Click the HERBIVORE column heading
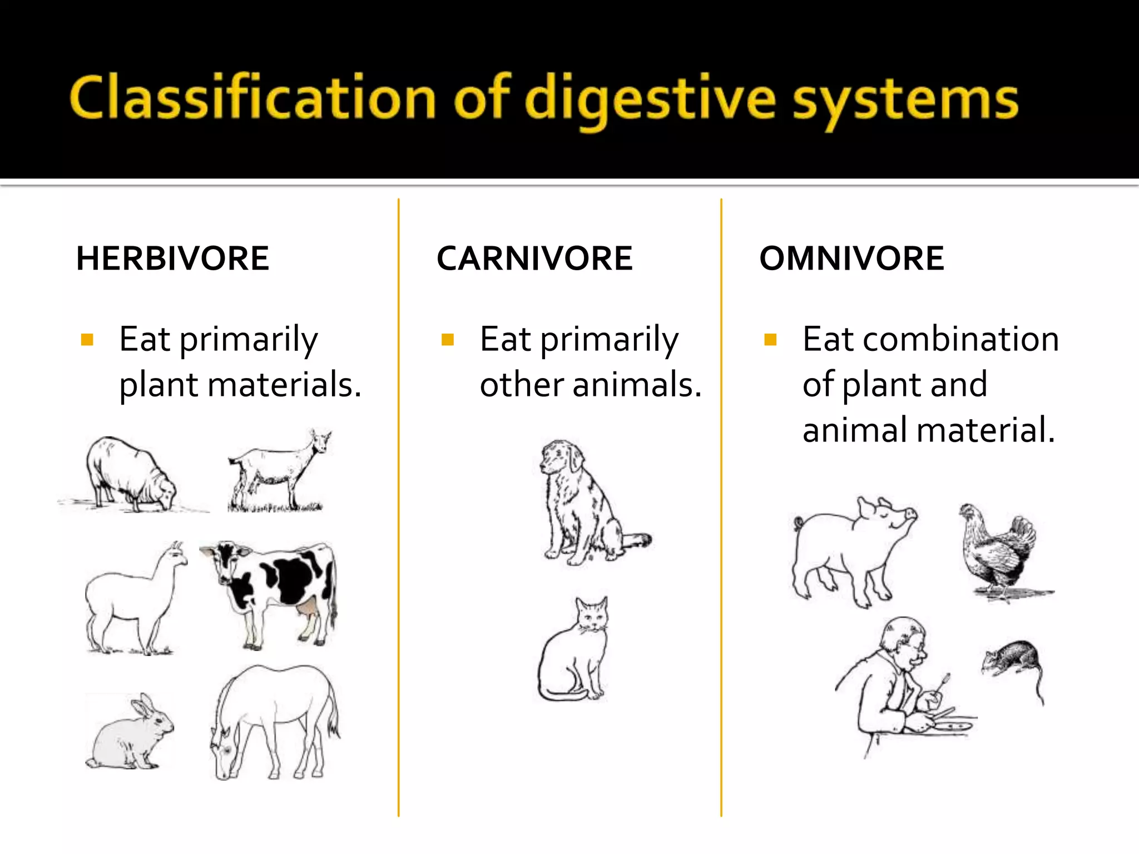click(172, 259)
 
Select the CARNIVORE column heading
click(534, 259)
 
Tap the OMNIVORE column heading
click(851, 259)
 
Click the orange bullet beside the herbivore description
click(87, 339)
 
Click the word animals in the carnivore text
click(637, 385)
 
